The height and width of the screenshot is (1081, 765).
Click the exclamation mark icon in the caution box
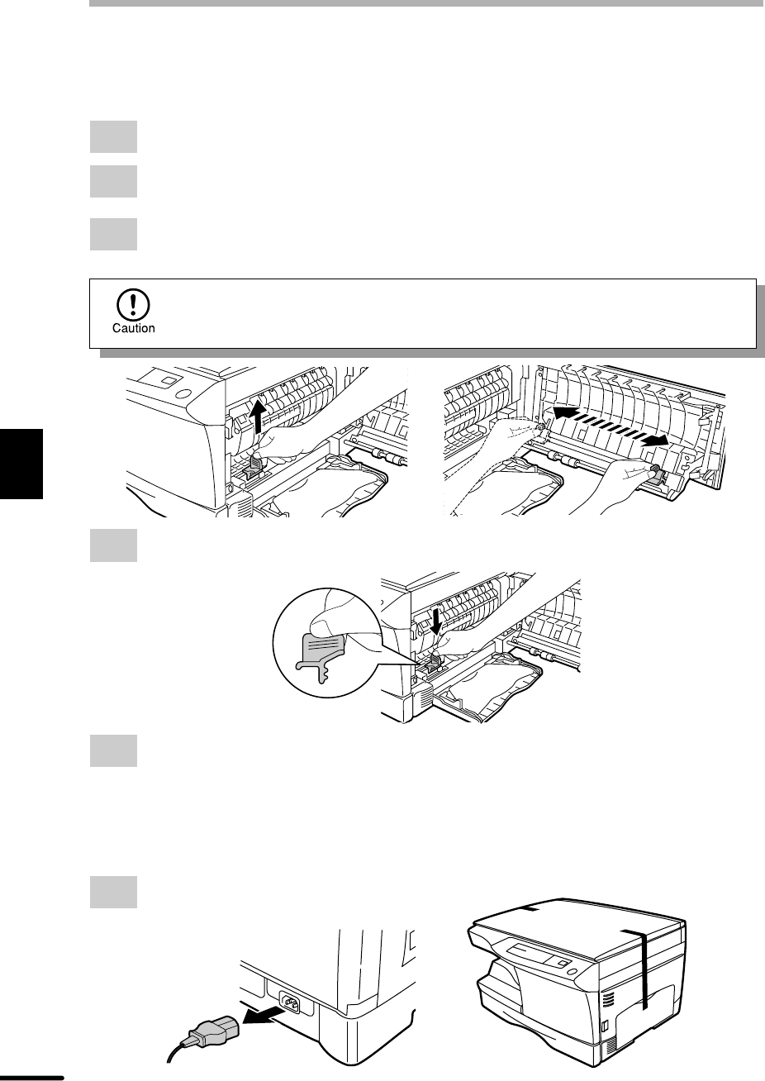133,304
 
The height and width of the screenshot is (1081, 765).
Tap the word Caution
134,328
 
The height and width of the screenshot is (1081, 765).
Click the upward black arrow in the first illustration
259,416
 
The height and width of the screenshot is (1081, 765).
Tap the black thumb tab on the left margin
21,464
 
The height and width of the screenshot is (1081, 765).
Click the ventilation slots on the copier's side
608,998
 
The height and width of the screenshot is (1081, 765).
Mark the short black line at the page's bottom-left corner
32,1077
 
